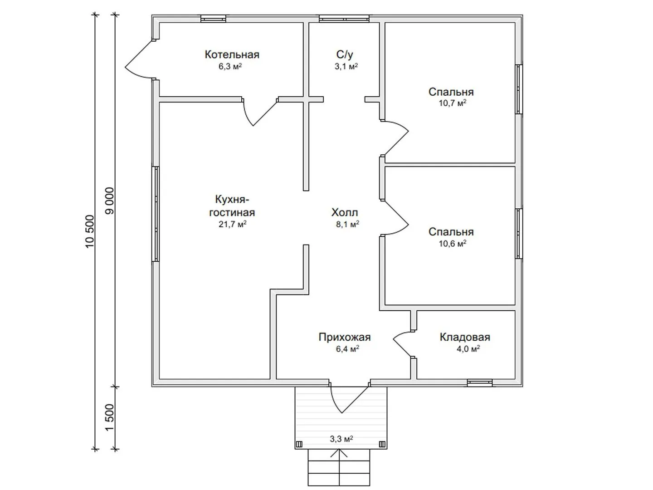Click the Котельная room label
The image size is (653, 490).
pos(232,54)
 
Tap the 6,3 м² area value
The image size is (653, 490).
pos(230,66)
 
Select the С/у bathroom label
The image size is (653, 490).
pos(345,55)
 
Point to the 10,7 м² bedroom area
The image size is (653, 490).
pos(452,103)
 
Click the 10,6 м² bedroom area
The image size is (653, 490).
pos(452,243)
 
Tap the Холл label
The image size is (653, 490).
pos(345,212)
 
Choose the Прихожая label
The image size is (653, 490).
pos(345,337)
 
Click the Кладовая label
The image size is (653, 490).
pos(465,337)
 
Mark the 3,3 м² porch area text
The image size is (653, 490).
pos(341,439)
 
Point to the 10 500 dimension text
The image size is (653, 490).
pos(89,232)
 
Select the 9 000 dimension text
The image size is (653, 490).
pos(109,201)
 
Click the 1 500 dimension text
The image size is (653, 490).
pos(109,417)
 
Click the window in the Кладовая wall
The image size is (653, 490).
pos(480,382)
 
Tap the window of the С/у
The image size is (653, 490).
pos(344,19)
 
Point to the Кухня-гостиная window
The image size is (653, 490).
pos(156,214)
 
